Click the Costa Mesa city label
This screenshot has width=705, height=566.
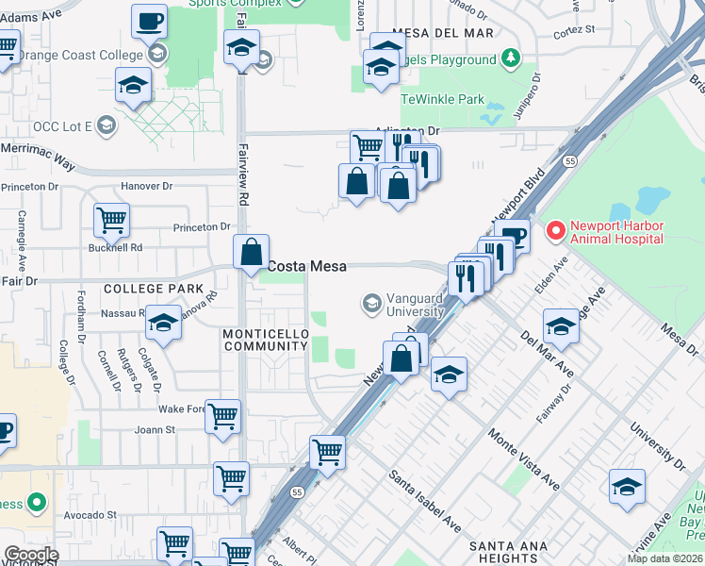pos(306,267)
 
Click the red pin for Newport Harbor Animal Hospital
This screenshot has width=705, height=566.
pos(556,229)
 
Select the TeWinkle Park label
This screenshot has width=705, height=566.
pos(442,99)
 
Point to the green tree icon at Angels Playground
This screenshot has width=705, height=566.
pos(510,59)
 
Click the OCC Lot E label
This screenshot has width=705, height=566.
pos(61,125)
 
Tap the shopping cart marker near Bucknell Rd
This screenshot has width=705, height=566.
pos(111,220)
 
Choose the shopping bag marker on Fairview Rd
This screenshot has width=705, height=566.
pos(252,253)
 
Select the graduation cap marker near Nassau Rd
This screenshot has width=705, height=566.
pos(163,323)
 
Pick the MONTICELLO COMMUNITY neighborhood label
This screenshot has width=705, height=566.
pos(265,341)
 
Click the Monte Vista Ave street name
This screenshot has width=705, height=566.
pos(523,459)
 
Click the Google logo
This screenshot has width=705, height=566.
pos(31,555)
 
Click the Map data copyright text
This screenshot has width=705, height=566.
pos(665,558)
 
